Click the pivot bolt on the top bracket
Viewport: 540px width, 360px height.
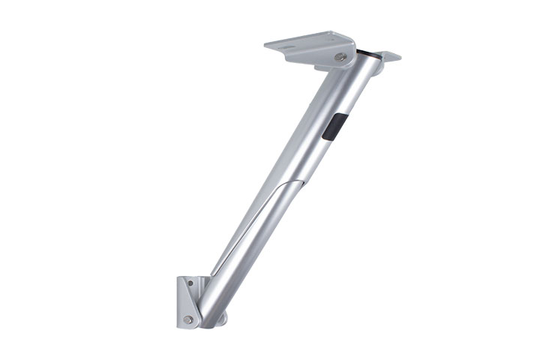click(x=340, y=57)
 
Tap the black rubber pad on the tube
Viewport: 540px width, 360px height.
click(x=334, y=125)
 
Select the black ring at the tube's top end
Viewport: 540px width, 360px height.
click(x=367, y=54)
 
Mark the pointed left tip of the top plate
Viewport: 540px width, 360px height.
click(x=268, y=44)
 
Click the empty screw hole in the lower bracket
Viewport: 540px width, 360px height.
click(x=190, y=284)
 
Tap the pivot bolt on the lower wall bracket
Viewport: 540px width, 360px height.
click(x=187, y=319)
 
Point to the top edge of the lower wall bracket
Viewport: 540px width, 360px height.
click(x=192, y=278)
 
